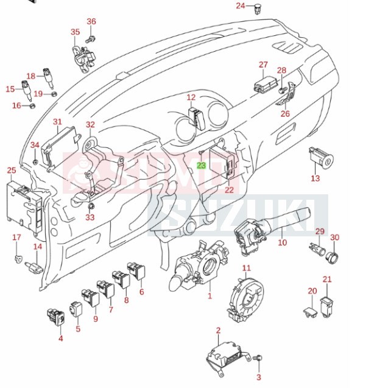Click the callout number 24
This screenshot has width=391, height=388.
[241, 6]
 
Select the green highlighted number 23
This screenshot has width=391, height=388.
[202, 165]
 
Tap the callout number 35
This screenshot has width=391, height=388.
[75, 32]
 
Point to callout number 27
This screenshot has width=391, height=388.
[262, 65]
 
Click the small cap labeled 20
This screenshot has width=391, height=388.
[309, 312]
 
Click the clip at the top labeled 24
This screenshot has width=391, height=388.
[260, 8]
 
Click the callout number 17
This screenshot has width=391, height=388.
[16, 237]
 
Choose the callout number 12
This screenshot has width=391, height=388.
[191, 97]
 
